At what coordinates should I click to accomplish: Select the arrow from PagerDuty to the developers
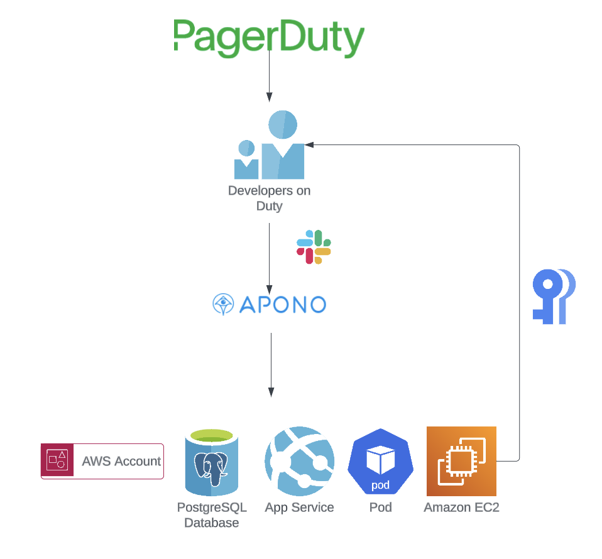(x=269, y=75)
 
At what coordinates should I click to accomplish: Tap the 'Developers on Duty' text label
(x=269, y=198)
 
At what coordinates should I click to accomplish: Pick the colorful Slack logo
(x=314, y=247)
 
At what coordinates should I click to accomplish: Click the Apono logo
(x=269, y=305)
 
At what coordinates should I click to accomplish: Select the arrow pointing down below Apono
(x=271, y=364)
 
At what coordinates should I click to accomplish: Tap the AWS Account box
(x=102, y=461)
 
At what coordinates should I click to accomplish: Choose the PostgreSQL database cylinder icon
(x=212, y=462)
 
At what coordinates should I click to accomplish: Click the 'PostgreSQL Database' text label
(x=212, y=515)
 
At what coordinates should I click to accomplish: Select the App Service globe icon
(x=299, y=462)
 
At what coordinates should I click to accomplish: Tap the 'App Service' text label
(x=299, y=507)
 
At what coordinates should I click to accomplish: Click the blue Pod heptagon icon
(x=380, y=462)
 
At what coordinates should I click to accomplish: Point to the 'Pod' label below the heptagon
(x=380, y=507)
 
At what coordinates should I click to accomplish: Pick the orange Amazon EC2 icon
(x=461, y=461)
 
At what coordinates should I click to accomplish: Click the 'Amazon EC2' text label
(x=461, y=507)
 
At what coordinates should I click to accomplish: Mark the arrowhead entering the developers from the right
(x=309, y=145)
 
